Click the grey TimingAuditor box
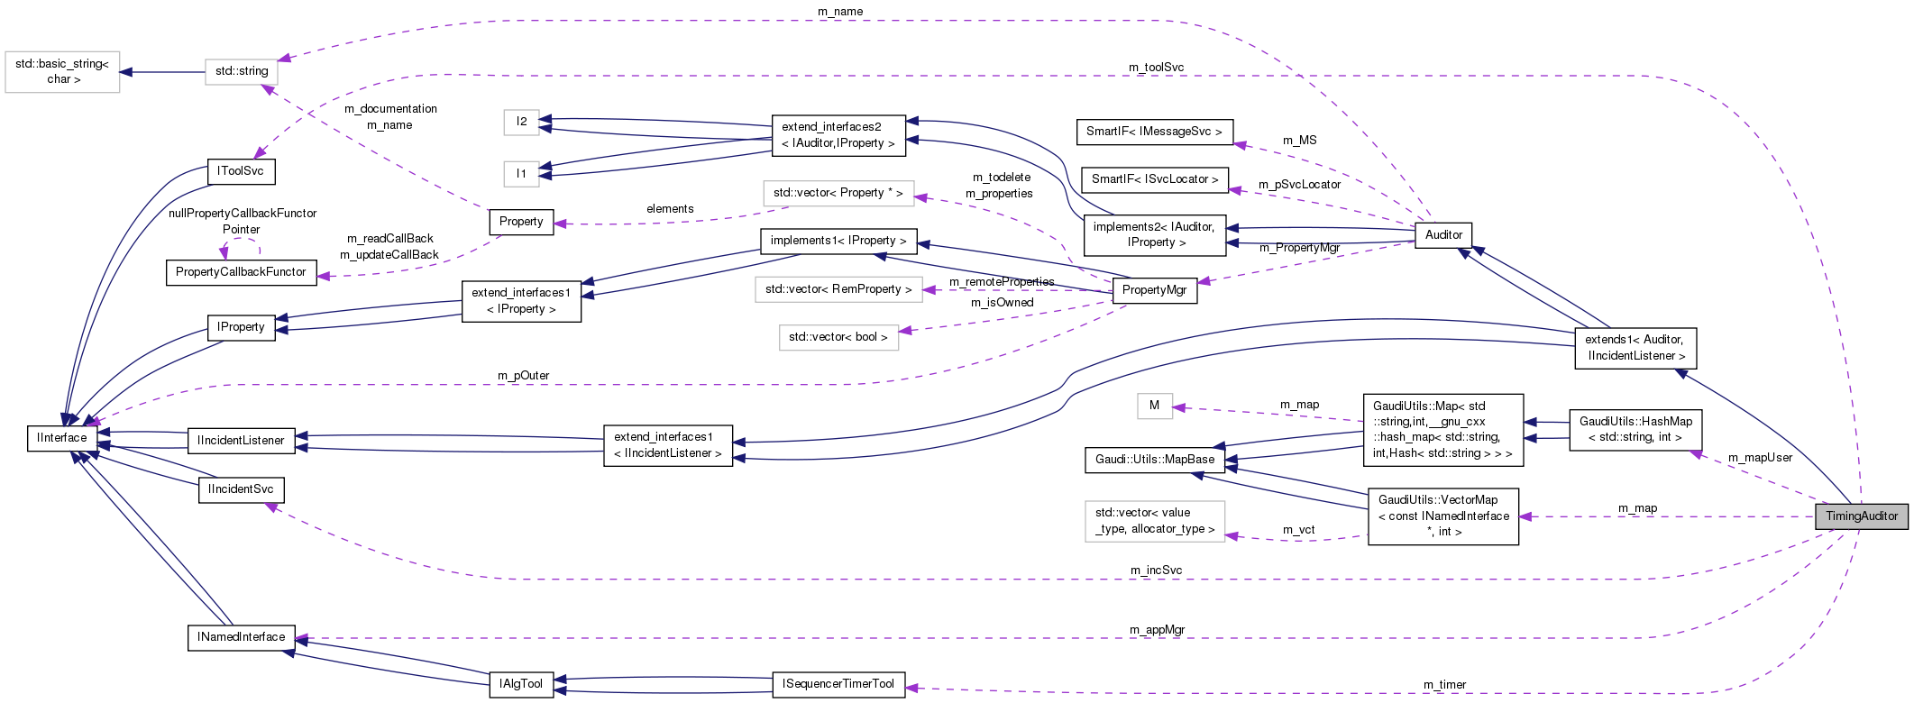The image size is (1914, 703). coord(1861,516)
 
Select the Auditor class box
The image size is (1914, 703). coord(1443,234)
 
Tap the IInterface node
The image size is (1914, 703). coord(62,438)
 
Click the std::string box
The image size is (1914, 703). coord(242,71)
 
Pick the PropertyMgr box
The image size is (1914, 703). coord(1154,289)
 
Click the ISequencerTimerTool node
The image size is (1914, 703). coord(838,684)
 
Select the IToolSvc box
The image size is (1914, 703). coord(241,170)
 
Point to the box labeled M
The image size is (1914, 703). coord(1154,406)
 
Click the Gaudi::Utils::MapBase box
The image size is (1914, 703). coord(1155,460)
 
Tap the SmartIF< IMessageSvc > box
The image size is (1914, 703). coord(1154,132)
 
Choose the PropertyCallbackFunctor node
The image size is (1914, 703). coord(241,272)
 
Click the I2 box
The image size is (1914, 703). coord(521,122)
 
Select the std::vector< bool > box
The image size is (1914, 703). coord(838,337)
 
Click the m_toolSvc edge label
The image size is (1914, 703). coord(1156,68)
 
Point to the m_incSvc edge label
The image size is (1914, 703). coord(1156,571)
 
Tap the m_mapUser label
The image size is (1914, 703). coord(1760,458)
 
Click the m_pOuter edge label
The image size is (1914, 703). coord(523,376)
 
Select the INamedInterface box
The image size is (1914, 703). coord(241,637)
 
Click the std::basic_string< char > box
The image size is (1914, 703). coord(62,72)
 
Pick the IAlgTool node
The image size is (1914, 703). coord(521,684)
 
